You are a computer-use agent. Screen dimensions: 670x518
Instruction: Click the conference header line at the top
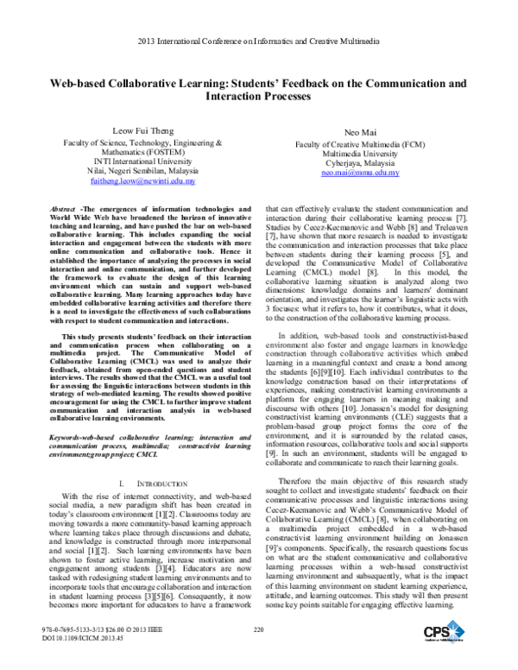coord(258,41)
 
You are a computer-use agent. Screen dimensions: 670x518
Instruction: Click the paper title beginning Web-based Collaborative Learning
coord(258,91)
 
